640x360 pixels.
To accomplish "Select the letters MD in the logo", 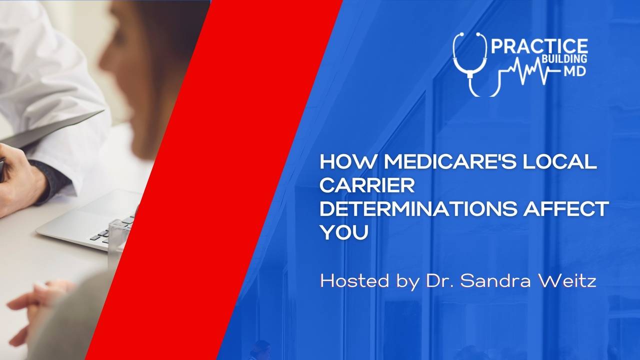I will [574, 72].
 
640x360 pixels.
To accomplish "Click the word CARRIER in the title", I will [367, 185].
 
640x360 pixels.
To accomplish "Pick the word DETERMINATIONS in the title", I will [417, 209].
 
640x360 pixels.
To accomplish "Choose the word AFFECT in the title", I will [565, 209].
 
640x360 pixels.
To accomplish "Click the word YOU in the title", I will [344, 232].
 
